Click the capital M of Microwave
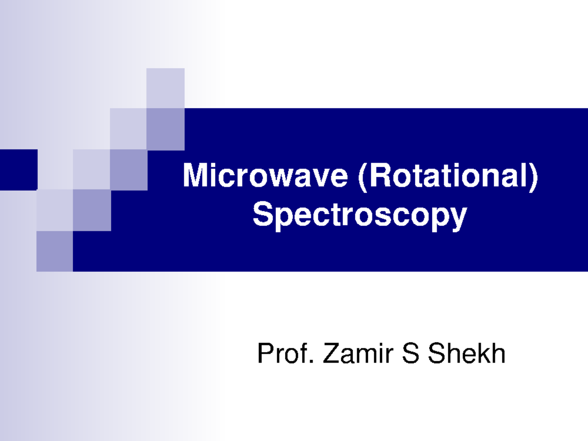pos(193,176)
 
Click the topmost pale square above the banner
pos(166,88)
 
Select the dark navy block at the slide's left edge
pos(18,170)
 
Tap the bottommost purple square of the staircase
pos(54,251)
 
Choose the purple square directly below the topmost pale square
pos(166,129)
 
